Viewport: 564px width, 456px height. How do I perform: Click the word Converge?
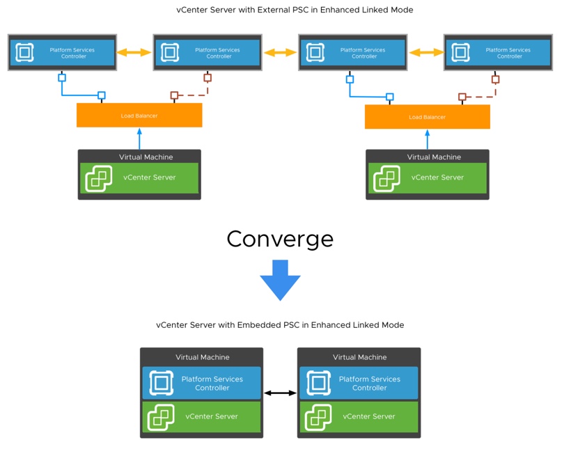tap(280, 239)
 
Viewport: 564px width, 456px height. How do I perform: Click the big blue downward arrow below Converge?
tap(280, 280)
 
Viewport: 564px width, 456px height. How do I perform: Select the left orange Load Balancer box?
tap(139, 116)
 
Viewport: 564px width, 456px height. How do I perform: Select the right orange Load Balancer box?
tap(428, 117)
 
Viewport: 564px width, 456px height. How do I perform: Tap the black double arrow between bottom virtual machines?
tap(280, 393)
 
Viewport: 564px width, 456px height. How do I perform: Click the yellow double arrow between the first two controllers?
tap(134, 52)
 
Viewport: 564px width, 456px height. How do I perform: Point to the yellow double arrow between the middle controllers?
tap(280, 52)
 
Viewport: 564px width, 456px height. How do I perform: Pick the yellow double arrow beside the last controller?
tap(426, 52)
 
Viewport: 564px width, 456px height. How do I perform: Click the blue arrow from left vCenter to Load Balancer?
tap(139, 139)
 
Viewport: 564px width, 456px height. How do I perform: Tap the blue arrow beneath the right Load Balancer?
tap(428, 139)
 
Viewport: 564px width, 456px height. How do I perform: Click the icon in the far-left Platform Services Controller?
tap(24, 52)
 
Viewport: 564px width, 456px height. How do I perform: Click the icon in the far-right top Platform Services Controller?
tap(460, 52)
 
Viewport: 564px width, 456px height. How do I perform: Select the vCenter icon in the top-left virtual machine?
tap(99, 178)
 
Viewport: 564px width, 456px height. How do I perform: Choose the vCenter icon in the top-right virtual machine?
tap(386, 178)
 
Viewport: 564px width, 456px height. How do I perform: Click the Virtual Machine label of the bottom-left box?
tap(203, 357)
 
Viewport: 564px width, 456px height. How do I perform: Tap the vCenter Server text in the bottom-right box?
tap(368, 416)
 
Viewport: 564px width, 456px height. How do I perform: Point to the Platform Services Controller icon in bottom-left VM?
tap(161, 383)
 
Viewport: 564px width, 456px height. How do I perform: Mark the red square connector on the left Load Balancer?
tap(175, 95)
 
